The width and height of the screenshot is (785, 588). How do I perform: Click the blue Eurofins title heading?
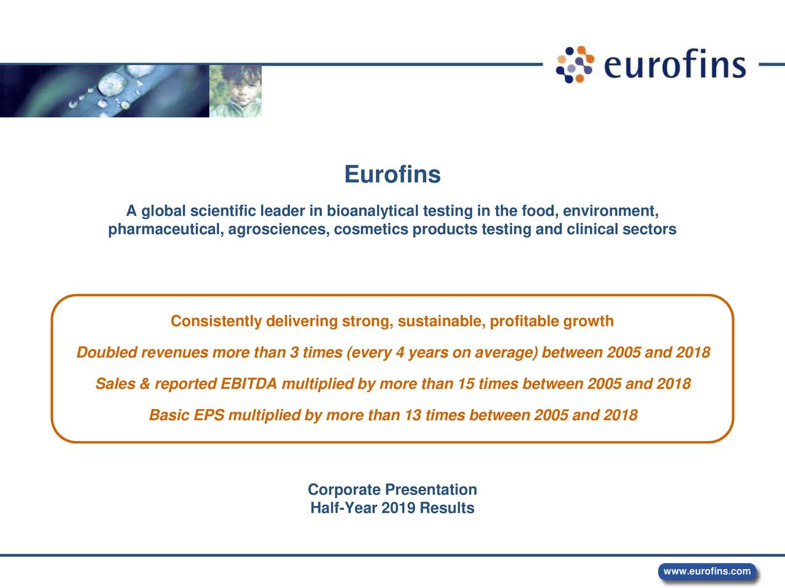click(392, 175)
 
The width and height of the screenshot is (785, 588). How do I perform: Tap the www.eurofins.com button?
click(706, 571)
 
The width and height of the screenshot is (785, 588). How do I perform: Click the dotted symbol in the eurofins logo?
click(575, 64)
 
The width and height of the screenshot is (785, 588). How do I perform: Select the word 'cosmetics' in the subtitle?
click(372, 230)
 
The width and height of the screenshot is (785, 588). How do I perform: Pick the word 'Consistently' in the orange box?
click(216, 322)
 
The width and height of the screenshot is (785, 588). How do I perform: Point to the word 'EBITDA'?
click(248, 385)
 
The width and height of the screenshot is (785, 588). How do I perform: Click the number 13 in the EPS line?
click(412, 416)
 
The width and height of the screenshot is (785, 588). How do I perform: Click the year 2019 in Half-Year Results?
click(398, 508)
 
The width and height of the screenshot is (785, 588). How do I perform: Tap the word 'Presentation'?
click(431, 490)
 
